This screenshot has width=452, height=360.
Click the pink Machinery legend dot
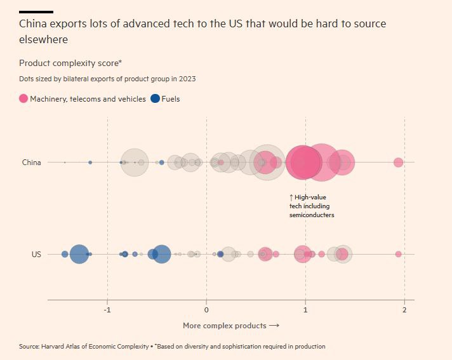[23, 99]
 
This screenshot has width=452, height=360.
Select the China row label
[31, 163]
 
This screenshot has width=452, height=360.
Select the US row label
[36, 254]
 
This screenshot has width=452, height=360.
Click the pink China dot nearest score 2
[398, 163]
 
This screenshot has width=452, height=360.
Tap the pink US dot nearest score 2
[398, 254]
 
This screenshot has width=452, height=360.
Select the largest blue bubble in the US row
[79, 254]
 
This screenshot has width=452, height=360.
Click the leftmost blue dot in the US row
[65, 254]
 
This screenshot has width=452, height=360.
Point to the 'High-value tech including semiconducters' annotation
[312, 206]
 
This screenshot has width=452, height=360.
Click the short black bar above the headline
[36, 11]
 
